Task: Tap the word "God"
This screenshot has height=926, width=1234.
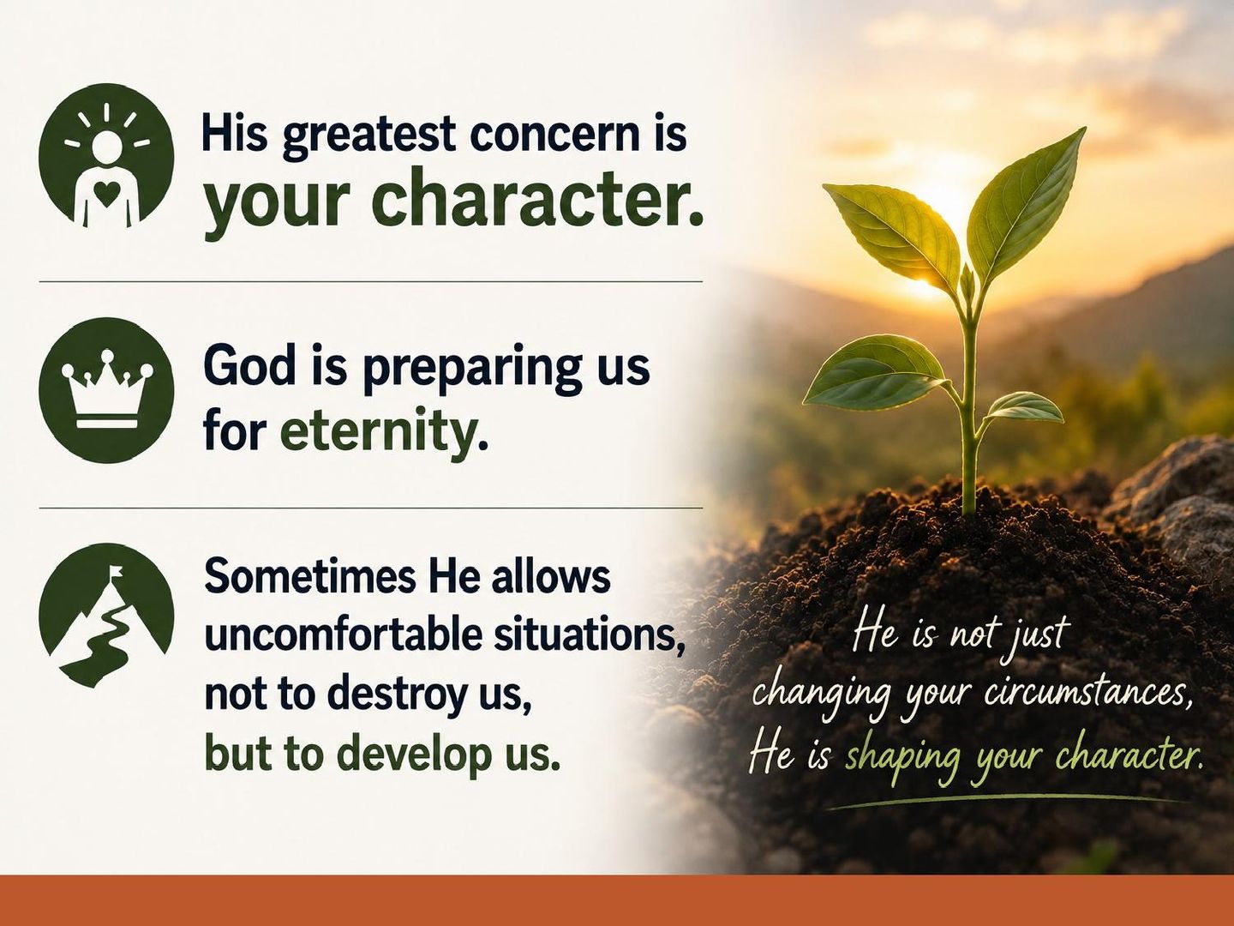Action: pyautogui.click(x=249, y=367)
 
